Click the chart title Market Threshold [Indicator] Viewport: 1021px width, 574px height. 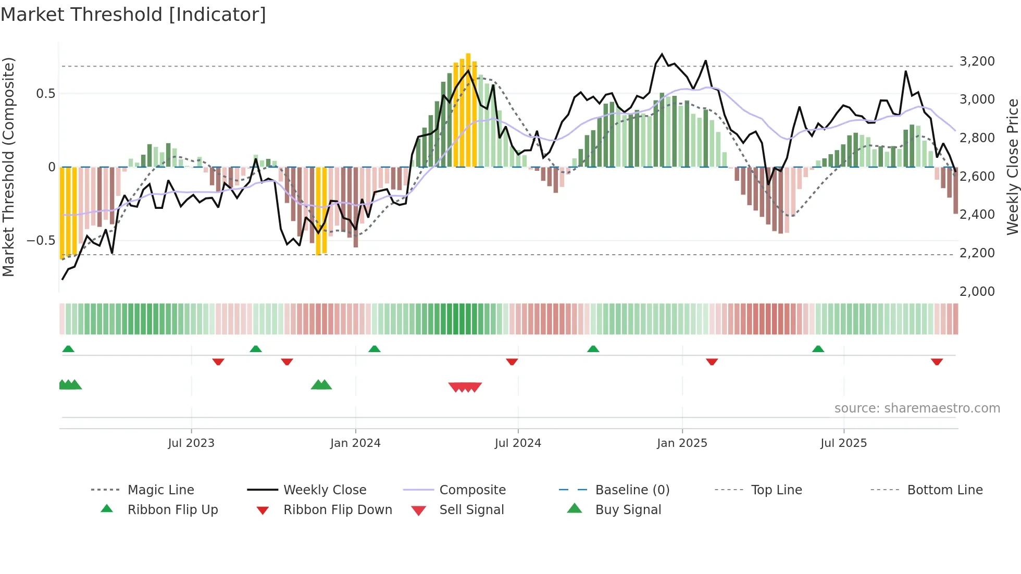133,15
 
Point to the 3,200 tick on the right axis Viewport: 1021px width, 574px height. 977,61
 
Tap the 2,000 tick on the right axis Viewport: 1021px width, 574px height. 977,292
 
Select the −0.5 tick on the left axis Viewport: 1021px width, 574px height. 41,241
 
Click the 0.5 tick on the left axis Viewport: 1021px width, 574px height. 45,94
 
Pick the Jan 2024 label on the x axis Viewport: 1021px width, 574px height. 355,443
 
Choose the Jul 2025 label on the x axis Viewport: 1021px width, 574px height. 843,443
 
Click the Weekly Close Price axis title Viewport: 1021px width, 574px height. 1012,167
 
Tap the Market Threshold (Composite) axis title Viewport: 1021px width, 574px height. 8,167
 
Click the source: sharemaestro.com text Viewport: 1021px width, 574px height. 917,408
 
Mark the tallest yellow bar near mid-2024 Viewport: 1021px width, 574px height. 468,109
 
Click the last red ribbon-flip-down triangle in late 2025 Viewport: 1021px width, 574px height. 937,361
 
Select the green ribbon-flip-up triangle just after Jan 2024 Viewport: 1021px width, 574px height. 375,349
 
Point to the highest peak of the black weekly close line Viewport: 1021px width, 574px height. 662,54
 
